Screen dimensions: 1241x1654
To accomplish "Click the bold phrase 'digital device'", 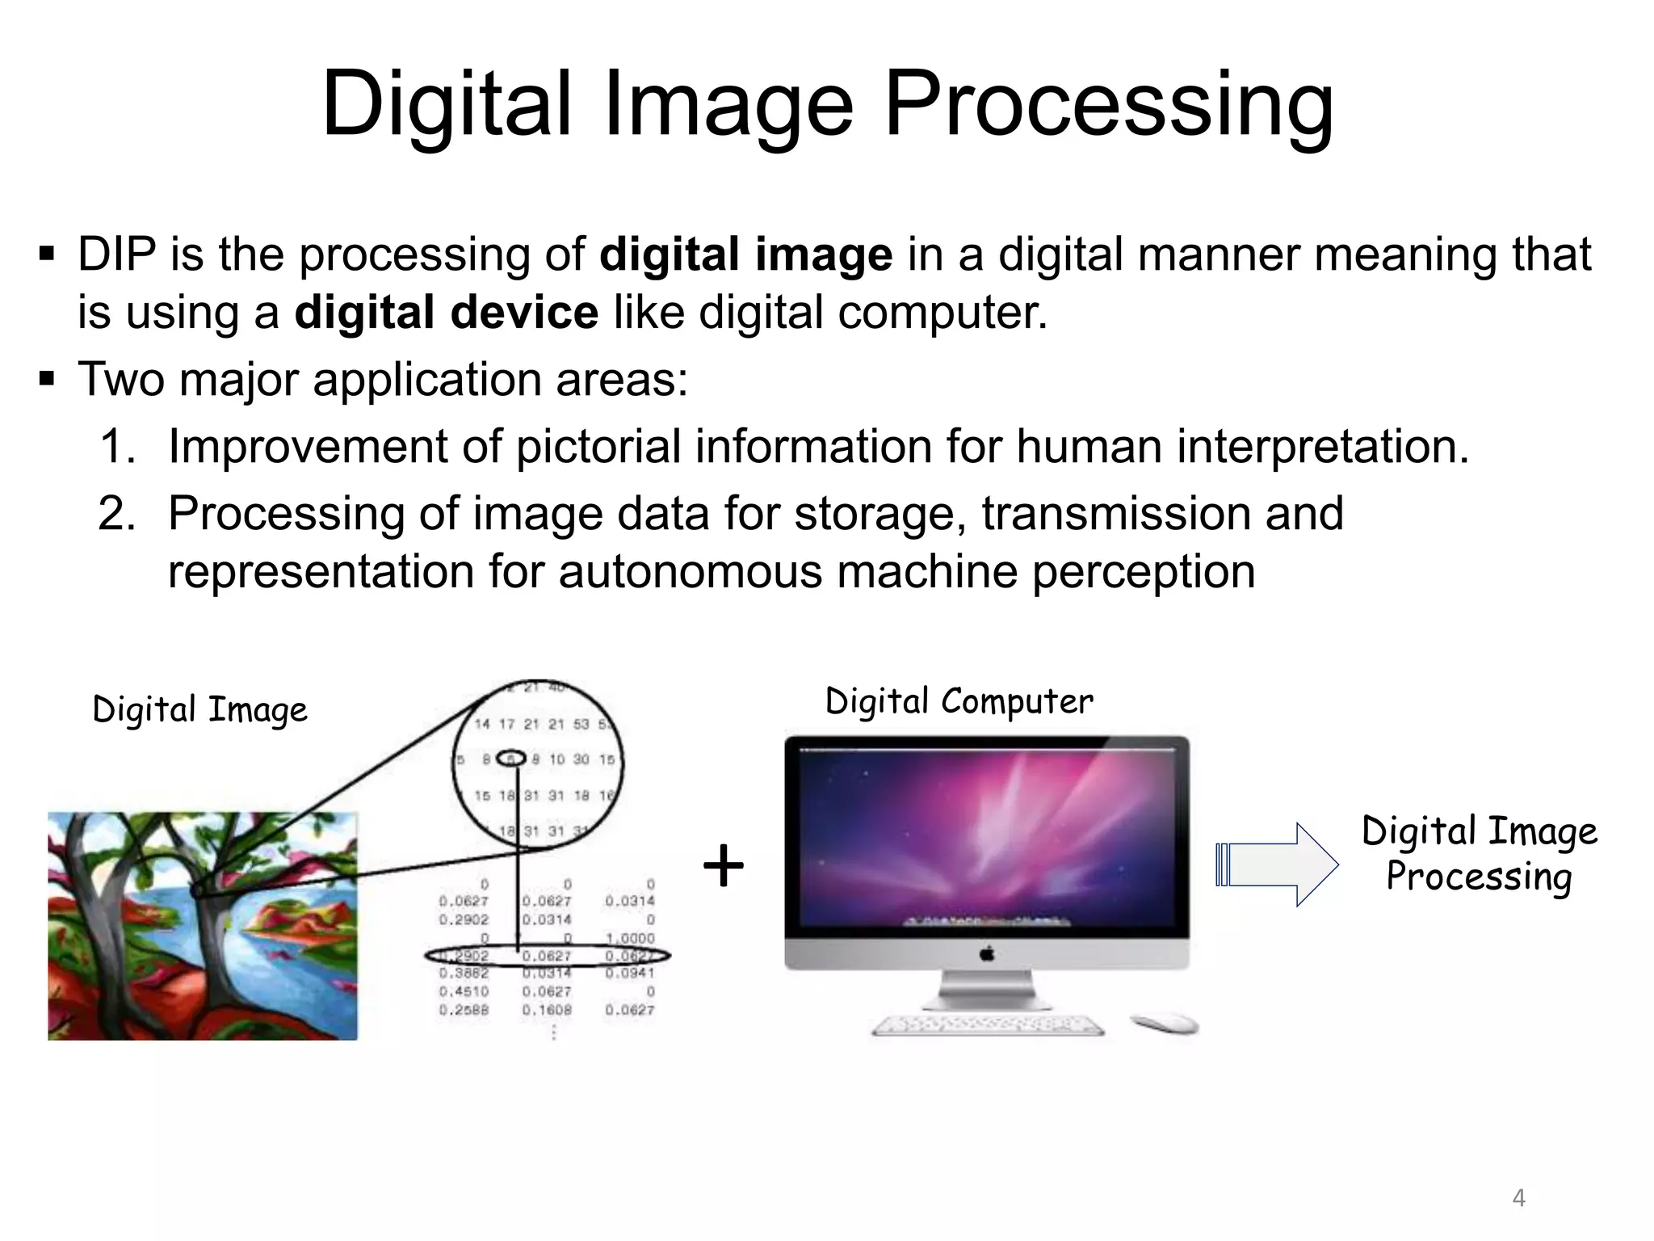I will tap(446, 313).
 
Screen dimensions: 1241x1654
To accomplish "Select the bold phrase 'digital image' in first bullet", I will tap(745, 255).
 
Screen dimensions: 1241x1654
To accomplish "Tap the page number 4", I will tap(1518, 1197).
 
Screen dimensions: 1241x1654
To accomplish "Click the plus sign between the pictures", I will tap(723, 865).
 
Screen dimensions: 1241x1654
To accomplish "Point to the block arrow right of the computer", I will tap(1277, 864).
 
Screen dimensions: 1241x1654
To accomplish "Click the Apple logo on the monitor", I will tap(986, 954).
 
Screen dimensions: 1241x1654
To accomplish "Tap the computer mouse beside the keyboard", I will tap(1165, 1023).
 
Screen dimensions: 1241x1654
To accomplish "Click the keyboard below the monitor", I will tap(988, 1025).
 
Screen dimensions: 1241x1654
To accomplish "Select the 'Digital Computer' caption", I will tap(959, 701).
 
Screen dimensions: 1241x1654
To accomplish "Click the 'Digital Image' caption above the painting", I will tap(199, 710).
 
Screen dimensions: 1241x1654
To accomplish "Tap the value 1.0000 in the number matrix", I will tap(630, 938).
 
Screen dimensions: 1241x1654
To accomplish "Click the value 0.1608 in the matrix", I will tap(547, 1010).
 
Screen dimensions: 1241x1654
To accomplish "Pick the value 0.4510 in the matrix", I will tap(464, 991).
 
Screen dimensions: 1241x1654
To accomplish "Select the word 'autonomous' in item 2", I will tap(691, 572).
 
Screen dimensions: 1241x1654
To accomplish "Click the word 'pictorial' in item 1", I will tap(598, 446).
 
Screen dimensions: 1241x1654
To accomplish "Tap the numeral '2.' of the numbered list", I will tap(117, 513).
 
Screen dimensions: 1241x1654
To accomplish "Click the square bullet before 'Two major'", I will tap(46, 378).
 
